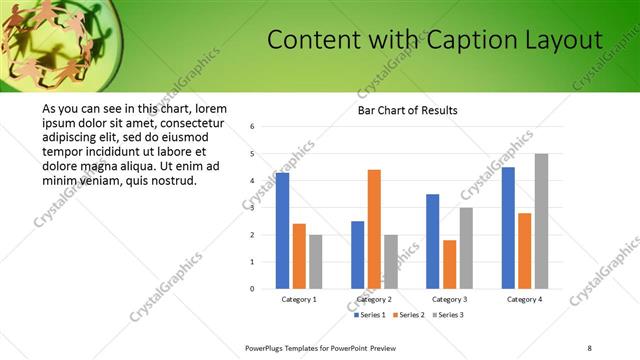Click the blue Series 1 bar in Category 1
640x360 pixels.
282,231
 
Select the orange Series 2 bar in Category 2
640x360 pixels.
374,229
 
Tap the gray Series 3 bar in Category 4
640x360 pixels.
541,221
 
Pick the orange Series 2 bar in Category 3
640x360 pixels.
449,264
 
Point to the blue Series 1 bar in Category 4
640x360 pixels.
508,228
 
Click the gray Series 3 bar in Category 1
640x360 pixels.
315,262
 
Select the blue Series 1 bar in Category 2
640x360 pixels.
357,255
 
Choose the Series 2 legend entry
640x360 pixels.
410,315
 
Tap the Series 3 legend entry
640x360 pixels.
447,315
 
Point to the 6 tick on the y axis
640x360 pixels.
253,127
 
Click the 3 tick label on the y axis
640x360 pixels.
253,208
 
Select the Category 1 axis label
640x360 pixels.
299,299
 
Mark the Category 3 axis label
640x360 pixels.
449,299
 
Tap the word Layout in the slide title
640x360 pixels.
565,40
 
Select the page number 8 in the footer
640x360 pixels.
589,347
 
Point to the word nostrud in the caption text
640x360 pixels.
174,180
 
